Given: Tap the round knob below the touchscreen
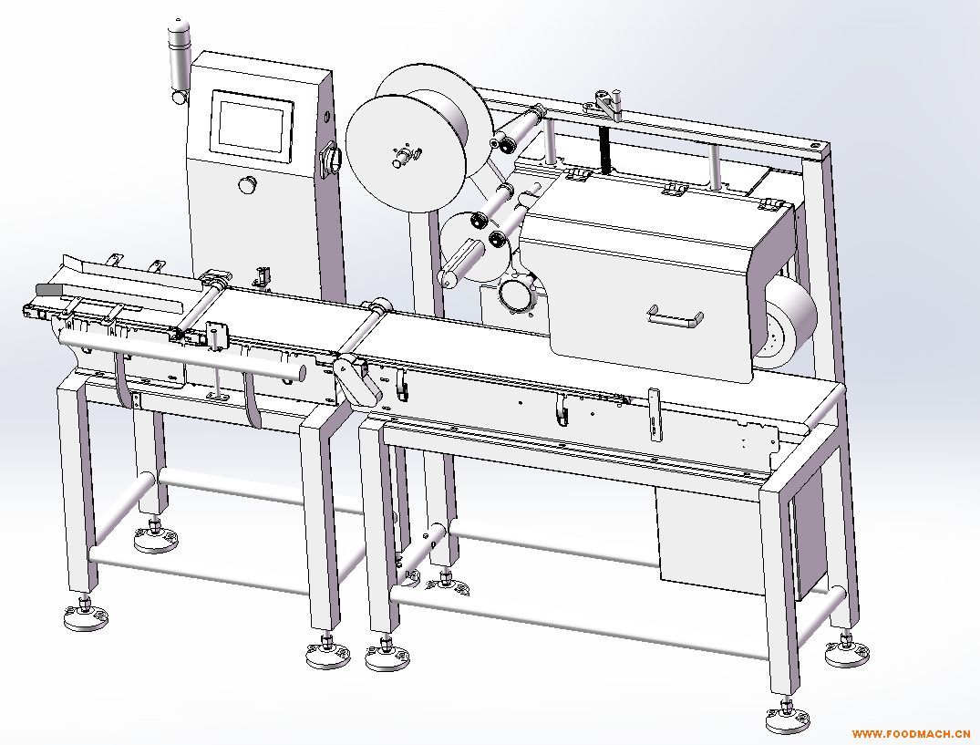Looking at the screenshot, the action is click(x=247, y=184).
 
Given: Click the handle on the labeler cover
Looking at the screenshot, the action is click(x=675, y=316).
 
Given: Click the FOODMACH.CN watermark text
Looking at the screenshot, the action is click(x=910, y=733).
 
